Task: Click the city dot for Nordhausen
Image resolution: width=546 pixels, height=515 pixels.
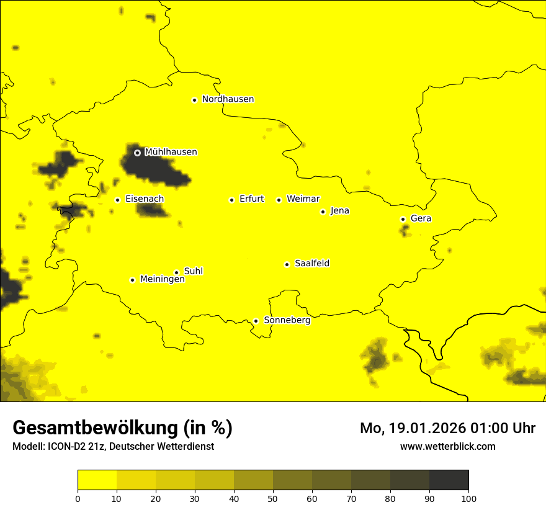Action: pos(194,100)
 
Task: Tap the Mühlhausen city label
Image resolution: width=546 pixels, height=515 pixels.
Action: pos(171,152)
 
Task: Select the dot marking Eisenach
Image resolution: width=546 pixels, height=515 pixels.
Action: pos(117,200)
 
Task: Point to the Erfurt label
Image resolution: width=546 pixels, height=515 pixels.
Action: pos(251,199)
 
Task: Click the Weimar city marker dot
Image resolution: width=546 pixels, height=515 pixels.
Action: pos(279,200)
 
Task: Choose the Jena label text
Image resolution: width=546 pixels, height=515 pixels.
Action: pos(339,211)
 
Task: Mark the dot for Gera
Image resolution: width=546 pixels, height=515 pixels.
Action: pos(403,219)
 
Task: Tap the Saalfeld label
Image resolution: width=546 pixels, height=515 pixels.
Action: pos(311,264)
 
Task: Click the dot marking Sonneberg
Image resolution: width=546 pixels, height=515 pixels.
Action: pos(256,321)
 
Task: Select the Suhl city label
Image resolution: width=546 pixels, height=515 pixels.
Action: pos(193,271)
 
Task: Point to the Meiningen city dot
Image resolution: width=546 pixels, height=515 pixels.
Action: pos(132,280)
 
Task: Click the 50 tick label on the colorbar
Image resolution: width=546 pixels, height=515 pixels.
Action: pos(273,498)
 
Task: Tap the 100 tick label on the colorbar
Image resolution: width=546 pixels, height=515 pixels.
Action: pos(468,498)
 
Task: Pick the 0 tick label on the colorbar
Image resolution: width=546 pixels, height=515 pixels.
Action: pos(78,498)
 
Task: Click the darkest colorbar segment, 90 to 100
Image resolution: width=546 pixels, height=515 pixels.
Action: pos(449,480)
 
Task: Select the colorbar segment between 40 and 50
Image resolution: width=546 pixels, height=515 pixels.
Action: pos(253,480)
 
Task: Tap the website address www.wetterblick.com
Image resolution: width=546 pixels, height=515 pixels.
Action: pos(447,446)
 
